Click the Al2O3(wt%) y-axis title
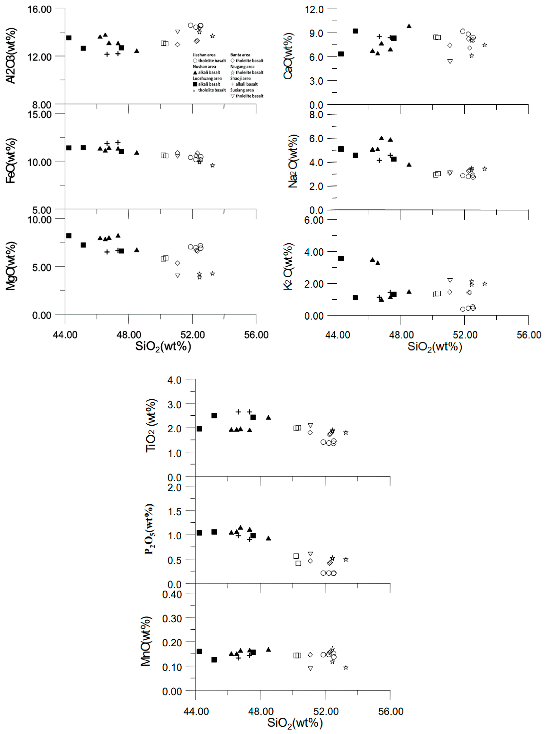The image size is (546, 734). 11,56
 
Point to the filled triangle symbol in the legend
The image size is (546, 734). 195,72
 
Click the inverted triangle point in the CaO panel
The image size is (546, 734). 450,61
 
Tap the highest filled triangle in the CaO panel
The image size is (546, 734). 409,26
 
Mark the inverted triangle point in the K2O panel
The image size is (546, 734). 450,280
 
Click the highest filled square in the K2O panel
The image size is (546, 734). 341,258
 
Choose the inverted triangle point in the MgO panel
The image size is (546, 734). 178,275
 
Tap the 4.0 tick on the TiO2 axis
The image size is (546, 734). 174,380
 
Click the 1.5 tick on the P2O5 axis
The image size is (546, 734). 174,512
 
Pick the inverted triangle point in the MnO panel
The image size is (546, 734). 310,668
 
